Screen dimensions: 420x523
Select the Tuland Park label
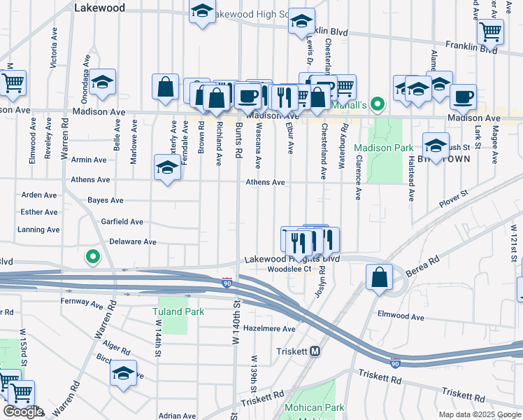point(179,311)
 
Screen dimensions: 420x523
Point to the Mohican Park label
point(314,407)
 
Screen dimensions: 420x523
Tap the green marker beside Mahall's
point(378,105)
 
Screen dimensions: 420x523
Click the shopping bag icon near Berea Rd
point(378,277)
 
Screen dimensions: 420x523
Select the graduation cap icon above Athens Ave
point(167,168)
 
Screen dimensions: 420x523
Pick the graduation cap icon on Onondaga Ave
point(102,83)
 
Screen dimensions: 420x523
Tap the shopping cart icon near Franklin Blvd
point(490,31)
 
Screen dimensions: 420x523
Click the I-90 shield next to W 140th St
point(227,282)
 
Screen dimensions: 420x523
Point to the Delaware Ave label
point(133,242)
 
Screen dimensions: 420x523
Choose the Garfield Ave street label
point(122,222)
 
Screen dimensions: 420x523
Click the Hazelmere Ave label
point(270,328)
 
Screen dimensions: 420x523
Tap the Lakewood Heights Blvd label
point(292,259)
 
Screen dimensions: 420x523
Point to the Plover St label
point(452,203)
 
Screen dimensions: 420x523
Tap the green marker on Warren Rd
point(92,257)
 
